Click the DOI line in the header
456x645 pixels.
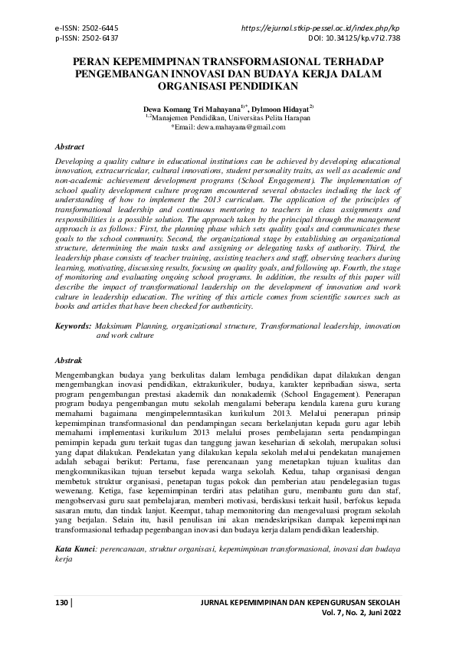click(353, 36)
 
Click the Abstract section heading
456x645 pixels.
click(71, 146)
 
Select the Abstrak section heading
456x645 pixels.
click(70, 359)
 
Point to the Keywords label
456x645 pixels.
click(74, 326)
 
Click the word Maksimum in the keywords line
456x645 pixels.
click(116, 326)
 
